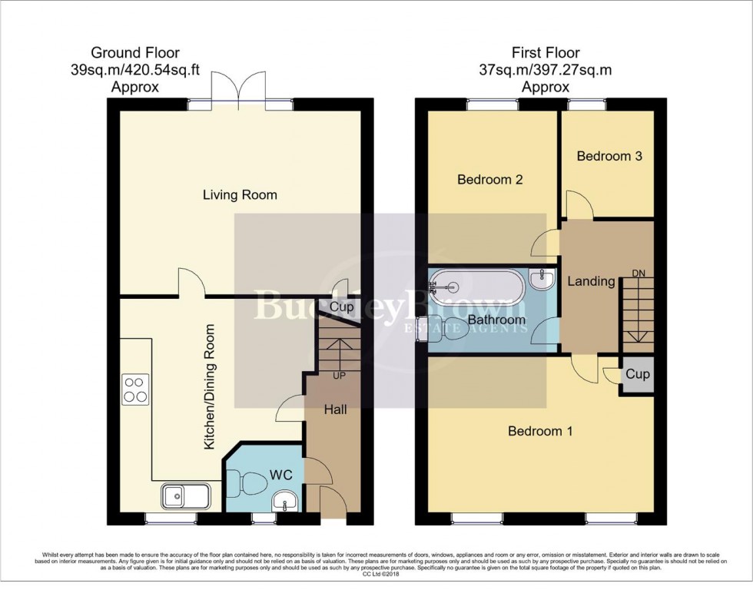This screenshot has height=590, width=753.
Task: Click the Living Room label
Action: coord(240,195)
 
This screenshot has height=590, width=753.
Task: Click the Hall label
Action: coord(335,409)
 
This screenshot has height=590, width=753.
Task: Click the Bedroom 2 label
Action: coord(489,180)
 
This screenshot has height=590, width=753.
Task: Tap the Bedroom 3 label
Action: coord(609,156)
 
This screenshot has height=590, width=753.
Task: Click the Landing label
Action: coord(591,281)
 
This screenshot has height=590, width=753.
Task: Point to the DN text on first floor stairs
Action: coord(638,273)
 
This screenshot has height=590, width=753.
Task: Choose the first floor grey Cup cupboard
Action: coord(637,375)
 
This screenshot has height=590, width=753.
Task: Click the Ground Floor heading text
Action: coord(135,53)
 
